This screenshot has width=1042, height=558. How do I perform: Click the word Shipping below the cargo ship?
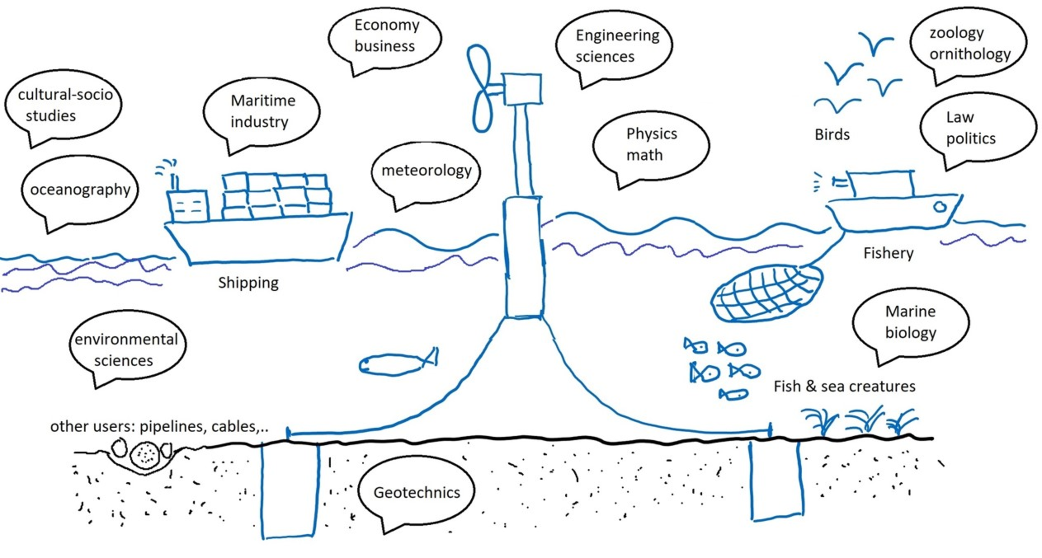click(x=248, y=283)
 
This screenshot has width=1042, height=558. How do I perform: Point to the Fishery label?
click(x=888, y=253)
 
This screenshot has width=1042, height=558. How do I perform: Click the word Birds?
click(x=832, y=134)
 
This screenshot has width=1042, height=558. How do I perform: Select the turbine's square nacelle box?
click(x=522, y=89)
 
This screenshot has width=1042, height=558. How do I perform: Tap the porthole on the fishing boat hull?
click(x=939, y=207)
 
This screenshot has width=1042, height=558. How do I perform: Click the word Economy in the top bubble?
click(x=387, y=25)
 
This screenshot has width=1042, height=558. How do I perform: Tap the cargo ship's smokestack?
click(x=174, y=182)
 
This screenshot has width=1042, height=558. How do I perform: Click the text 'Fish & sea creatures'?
click(x=844, y=386)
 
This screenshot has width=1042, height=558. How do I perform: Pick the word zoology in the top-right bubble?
click(x=957, y=33)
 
